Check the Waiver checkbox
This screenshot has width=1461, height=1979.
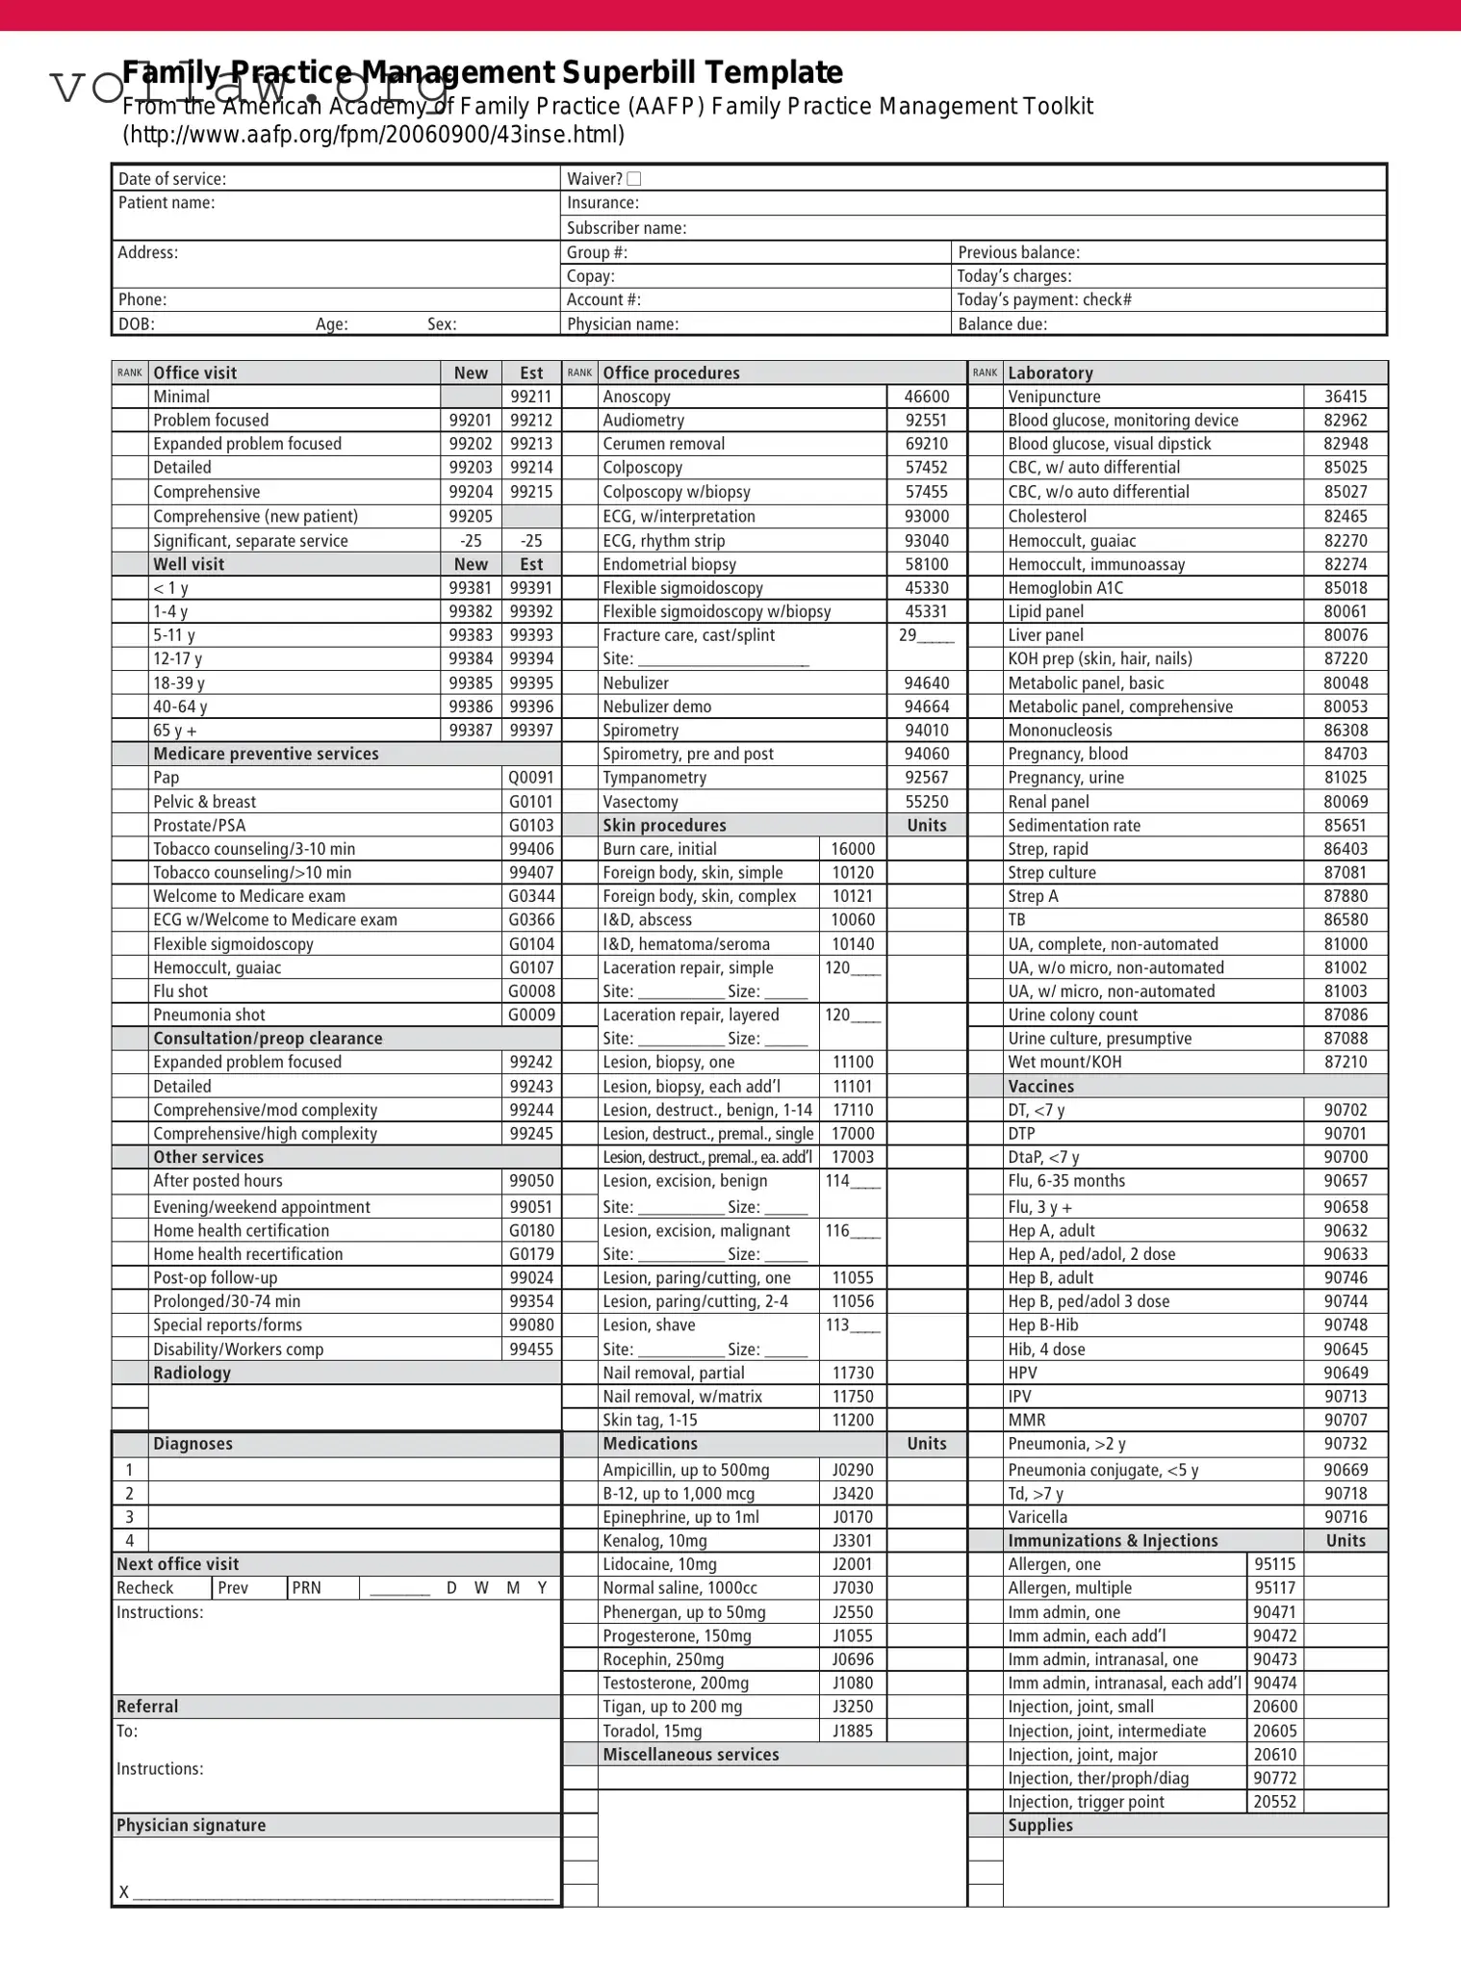tap(633, 179)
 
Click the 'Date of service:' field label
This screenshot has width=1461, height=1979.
tap(172, 179)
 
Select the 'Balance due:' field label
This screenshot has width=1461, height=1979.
tap(1002, 324)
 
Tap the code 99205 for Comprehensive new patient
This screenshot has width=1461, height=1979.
tap(471, 517)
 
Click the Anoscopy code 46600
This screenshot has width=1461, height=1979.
tap(926, 397)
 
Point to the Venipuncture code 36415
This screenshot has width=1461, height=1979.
tap(1345, 397)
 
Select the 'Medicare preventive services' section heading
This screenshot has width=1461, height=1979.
tap(266, 754)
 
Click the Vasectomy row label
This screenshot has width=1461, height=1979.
tap(640, 802)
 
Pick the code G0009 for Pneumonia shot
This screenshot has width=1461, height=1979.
tap(531, 1015)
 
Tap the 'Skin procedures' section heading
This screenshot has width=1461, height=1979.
tap(664, 825)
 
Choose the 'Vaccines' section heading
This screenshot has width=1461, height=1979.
tap(1040, 1086)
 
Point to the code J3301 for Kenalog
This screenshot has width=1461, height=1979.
tap(853, 1541)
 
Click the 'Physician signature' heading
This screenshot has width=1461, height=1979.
tap(191, 1825)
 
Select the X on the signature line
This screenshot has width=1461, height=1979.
tap(123, 1892)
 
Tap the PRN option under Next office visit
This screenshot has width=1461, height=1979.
tap(306, 1588)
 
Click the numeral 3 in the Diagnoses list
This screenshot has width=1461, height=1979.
tap(129, 1517)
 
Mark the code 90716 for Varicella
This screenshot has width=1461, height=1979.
tap(1345, 1517)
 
